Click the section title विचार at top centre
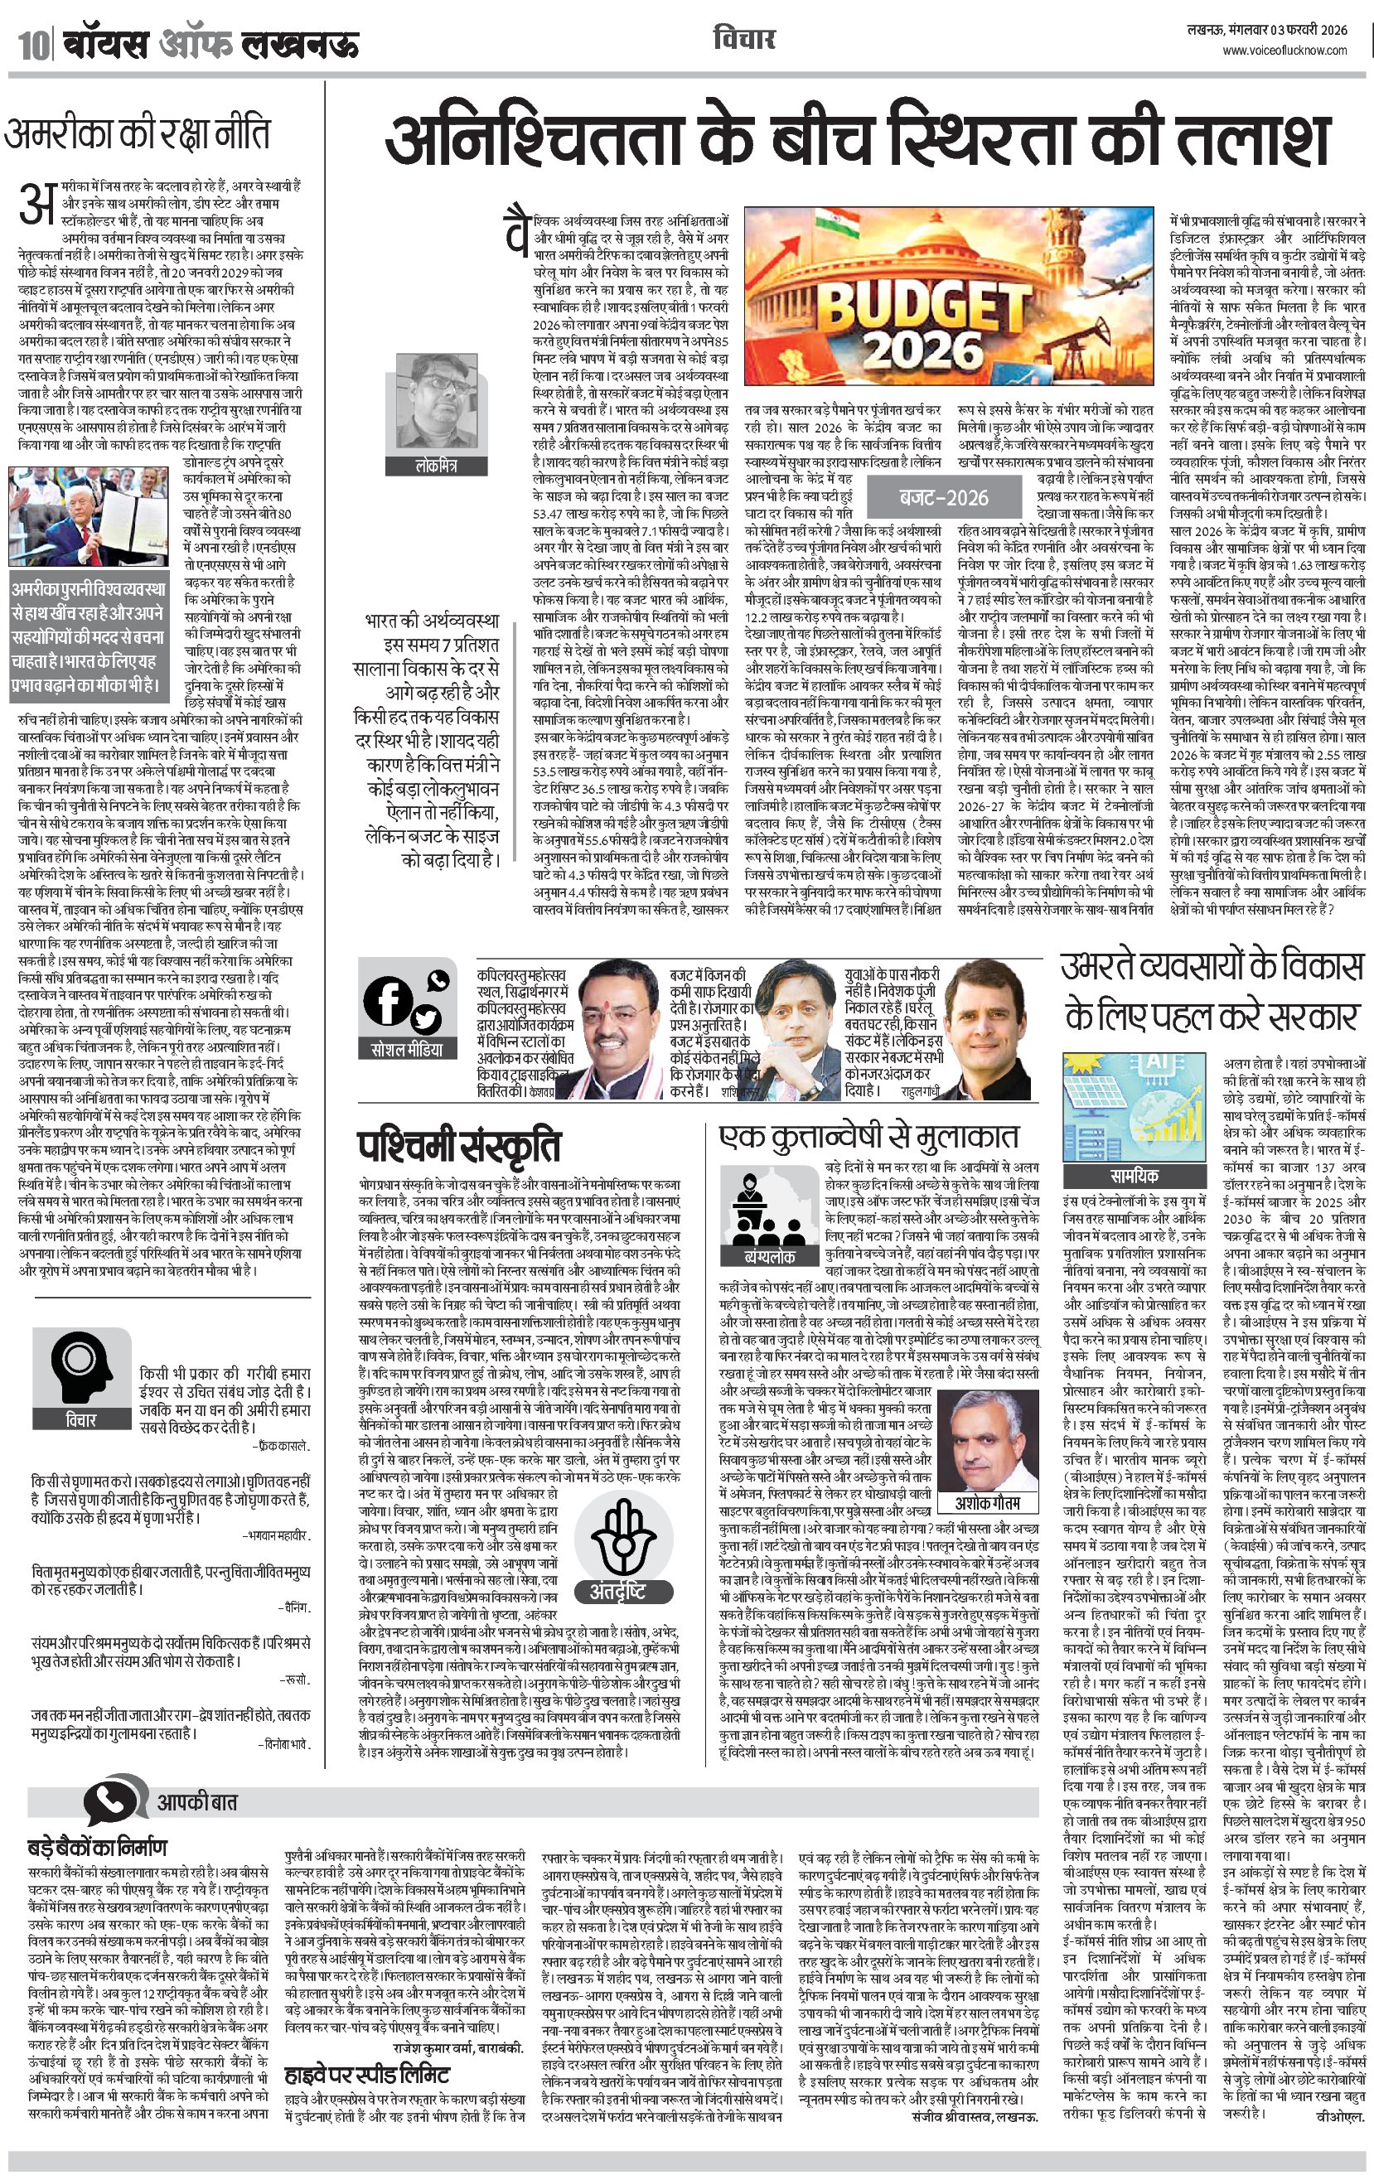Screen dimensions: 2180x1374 [x=743, y=39]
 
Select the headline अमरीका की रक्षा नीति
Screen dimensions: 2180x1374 [x=137, y=134]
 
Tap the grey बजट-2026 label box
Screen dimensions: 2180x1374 [x=943, y=497]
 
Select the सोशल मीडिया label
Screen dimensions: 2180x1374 [x=408, y=1049]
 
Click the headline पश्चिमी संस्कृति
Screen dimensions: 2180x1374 [x=458, y=1146]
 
